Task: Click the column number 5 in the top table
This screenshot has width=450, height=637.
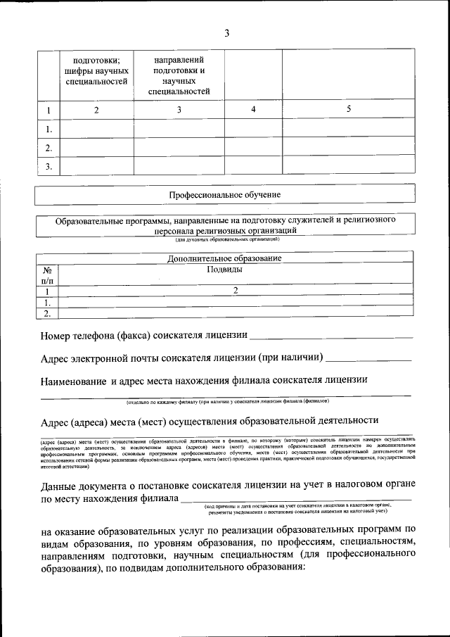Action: click(348, 109)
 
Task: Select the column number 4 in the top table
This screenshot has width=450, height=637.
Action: click(252, 109)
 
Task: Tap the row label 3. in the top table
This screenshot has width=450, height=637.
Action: click(49, 167)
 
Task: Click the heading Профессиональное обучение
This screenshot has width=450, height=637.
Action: click(225, 194)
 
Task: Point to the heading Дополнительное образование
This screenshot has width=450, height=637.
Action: click(225, 258)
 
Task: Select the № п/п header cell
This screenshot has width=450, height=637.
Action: click(48, 275)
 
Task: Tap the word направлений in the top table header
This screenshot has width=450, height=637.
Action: click(179, 61)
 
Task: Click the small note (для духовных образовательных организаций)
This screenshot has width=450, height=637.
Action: click(225, 240)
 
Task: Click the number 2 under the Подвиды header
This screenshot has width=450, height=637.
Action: click(236, 290)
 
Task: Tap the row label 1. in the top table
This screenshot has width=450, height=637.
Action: click(49, 130)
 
